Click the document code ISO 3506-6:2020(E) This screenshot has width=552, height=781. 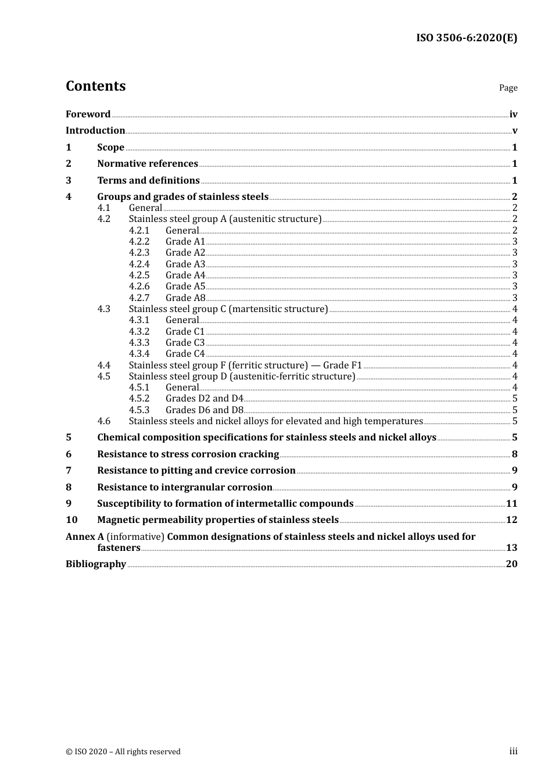[466, 38]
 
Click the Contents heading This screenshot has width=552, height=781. [95, 86]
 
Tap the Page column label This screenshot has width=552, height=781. [508, 88]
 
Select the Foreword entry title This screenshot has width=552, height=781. [88, 114]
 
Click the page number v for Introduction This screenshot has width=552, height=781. [514, 131]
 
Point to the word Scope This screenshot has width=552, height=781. [110, 148]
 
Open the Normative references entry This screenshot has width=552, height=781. [148, 164]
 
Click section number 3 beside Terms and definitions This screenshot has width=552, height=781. [69, 181]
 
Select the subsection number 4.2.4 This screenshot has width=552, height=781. [139, 264]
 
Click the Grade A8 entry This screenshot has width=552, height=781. [185, 298]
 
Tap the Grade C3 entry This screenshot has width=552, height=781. [185, 343]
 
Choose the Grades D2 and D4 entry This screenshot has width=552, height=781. [204, 399]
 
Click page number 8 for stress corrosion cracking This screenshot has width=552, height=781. [514, 454]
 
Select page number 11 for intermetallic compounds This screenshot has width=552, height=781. [511, 504]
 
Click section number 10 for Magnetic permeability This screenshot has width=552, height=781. [71, 520]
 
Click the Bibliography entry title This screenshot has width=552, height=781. [96, 564]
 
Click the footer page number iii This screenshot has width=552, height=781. [513, 751]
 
